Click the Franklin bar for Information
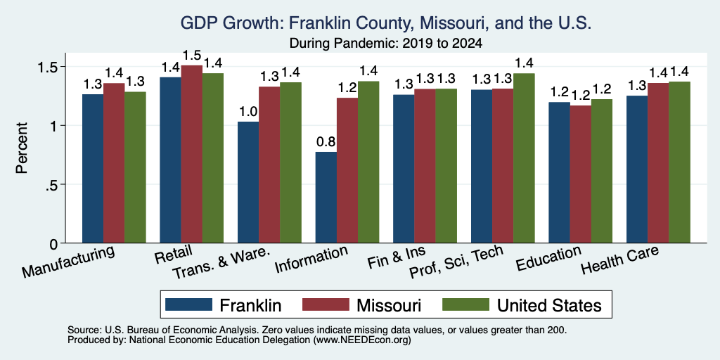326,198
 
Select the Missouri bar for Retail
191,154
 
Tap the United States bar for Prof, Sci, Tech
524,158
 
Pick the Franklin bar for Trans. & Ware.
248,182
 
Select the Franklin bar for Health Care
637,169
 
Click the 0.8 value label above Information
326,142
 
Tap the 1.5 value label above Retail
191,56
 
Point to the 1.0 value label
248,112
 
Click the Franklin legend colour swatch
188,304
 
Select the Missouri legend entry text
389,305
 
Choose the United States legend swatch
465,304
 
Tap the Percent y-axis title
22,148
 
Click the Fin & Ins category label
397,257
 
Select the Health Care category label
620,259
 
